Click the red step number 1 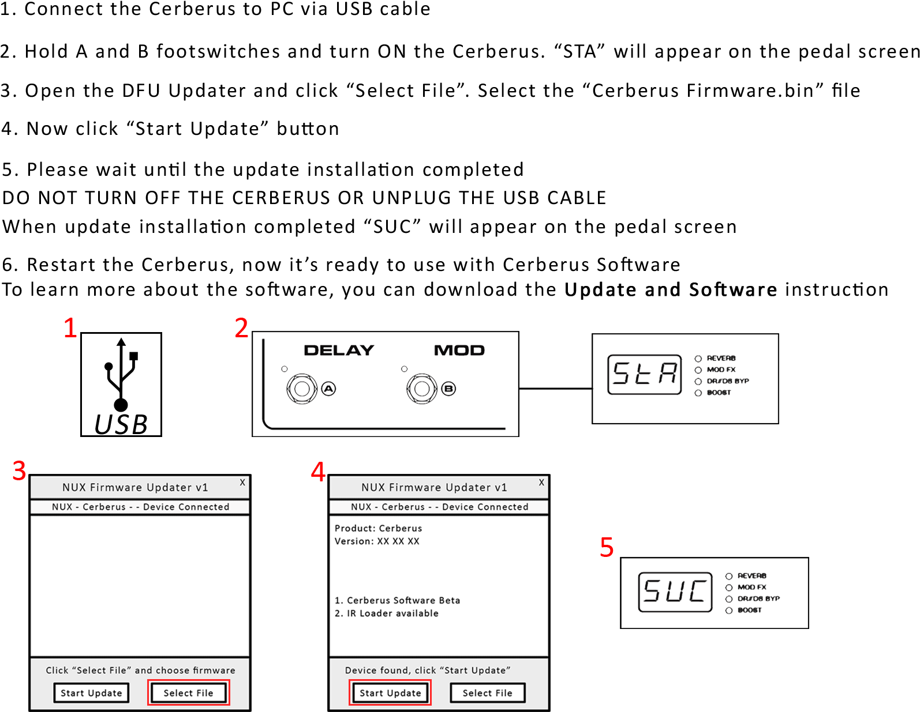click(70, 328)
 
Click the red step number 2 click(241, 328)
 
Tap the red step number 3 click(19, 471)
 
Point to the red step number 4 click(318, 472)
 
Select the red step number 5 click(607, 547)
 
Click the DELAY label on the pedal click(339, 351)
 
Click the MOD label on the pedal click(459, 351)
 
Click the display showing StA click(644, 374)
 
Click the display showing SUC click(675, 592)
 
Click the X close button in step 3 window click(242, 483)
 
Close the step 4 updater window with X click(541, 483)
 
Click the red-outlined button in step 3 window click(189, 692)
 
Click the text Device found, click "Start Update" click(428, 670)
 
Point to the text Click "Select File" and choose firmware click(140, 670)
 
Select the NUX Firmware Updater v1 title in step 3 click(135, 487)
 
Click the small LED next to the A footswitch click(284, 369)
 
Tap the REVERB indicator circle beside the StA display click(698, 359)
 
